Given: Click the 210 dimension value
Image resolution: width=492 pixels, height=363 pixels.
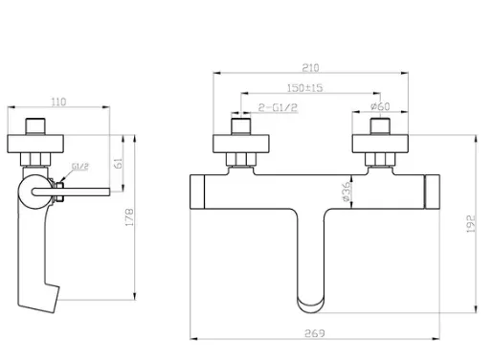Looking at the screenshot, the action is [x=310, y=68].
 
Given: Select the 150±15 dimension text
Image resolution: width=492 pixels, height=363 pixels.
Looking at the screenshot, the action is [x=305, y=88].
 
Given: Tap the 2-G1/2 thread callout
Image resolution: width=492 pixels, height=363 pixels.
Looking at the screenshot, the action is [x=278, y=107].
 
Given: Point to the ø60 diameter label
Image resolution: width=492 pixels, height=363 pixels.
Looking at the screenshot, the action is [x=380, y=106].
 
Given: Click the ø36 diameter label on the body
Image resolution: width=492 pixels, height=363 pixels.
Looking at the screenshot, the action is [x=347, y=192].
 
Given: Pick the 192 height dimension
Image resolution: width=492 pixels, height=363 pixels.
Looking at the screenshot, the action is [x=471, y=223].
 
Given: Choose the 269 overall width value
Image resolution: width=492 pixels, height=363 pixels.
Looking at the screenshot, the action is [x=315, y=333].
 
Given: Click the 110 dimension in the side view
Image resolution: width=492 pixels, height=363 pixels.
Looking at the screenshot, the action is [x=58, y=102].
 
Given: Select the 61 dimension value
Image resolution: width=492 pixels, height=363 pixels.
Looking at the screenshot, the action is [x=118, y=164].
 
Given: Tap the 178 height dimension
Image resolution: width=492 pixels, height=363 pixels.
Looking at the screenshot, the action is [x=129, y=217].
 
